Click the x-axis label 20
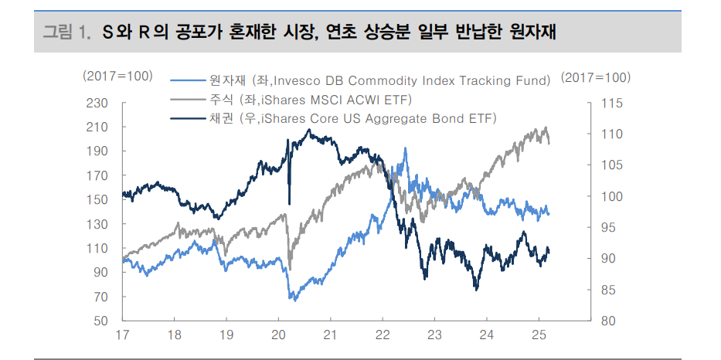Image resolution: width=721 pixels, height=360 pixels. [x=278, y=336]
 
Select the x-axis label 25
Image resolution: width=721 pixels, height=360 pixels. [x=539, y=336]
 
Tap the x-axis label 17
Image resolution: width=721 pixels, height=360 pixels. [x=122, y=336]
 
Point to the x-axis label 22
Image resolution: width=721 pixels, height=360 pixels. [x=383, y=336]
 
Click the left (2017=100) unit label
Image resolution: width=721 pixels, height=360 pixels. [x=117, y=77]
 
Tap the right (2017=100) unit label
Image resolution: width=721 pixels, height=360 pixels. [x=596, y=77]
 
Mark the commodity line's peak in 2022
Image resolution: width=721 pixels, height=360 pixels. [x=405, y=148]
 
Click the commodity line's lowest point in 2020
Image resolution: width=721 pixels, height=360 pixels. [x=292, y=300]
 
